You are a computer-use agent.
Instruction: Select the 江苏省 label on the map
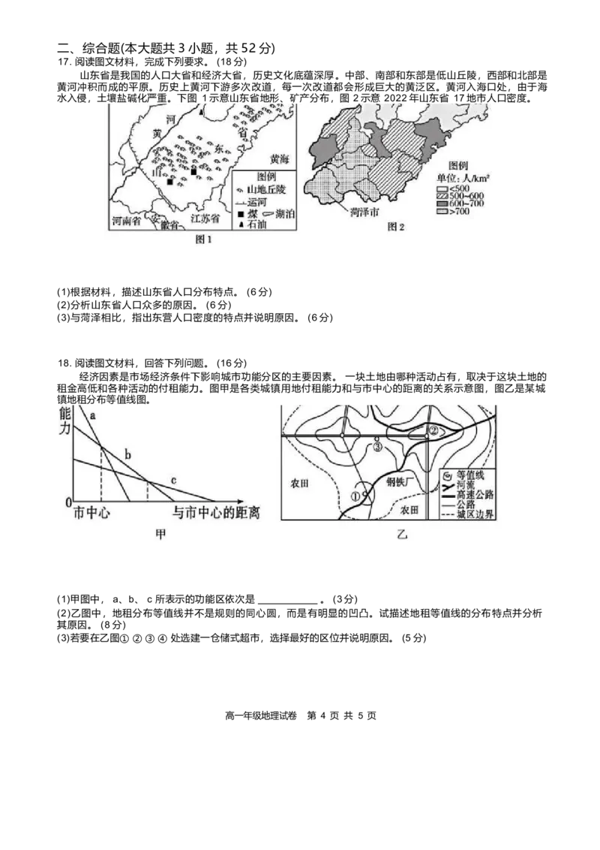pyautogui.click(x=205, y=219)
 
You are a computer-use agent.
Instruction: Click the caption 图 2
pyautogui.click(x=396, y=227)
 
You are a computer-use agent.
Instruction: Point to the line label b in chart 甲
pyautogui.click(x=127, y=455)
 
